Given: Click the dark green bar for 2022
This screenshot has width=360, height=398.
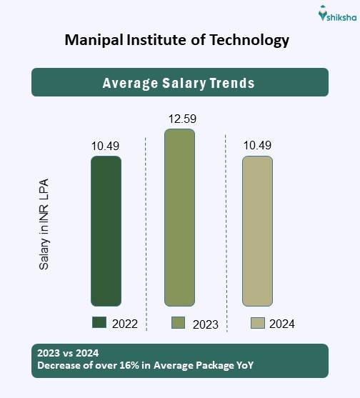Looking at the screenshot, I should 106,231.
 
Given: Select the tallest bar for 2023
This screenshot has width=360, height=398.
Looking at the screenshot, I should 179,217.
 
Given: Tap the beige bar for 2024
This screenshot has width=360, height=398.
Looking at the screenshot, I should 257,231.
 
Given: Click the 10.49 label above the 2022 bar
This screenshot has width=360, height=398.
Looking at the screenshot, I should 105,146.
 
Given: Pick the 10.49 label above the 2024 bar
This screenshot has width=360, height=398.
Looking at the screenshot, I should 257,146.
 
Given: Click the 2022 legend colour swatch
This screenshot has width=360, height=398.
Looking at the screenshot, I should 99,323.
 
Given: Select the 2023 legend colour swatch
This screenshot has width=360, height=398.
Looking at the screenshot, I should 179,323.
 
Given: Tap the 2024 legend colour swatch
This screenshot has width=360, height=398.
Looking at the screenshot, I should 257,323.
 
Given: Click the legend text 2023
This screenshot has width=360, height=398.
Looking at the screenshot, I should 206,324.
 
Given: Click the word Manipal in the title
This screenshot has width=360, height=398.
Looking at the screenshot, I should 92,40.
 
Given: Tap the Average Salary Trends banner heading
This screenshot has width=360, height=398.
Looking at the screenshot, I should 179,83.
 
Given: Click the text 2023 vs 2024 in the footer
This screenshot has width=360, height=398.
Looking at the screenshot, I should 67,354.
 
